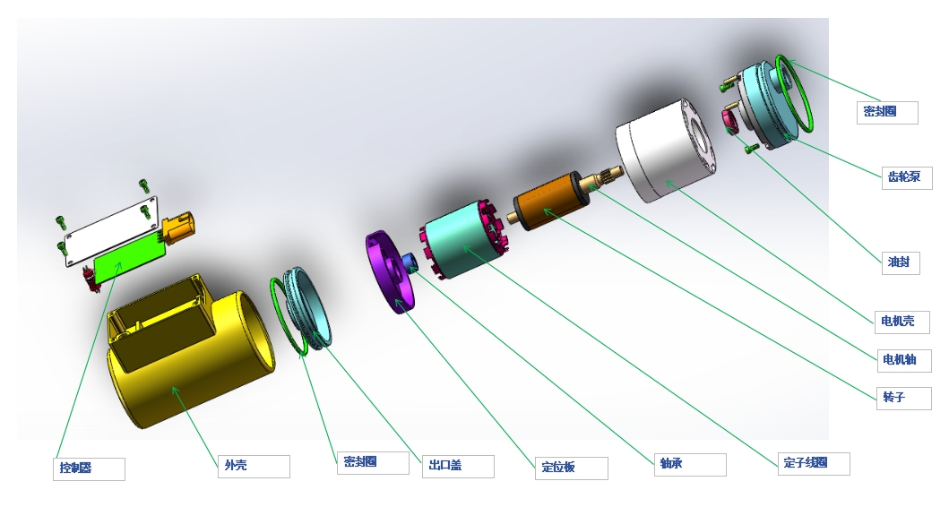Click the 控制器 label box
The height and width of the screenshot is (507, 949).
point(89,468)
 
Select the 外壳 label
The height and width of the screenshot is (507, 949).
point(254,466)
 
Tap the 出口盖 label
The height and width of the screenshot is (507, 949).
point(458,466)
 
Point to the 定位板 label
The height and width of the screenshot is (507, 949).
point(572,468)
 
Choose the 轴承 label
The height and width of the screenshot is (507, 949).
point(690,464)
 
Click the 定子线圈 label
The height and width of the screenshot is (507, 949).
point(814,463)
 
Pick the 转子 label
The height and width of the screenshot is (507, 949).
point(904,398)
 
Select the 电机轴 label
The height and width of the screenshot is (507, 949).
point(904,361)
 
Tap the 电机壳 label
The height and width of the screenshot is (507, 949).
point(902,322)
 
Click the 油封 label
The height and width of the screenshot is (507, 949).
point(900,262)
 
